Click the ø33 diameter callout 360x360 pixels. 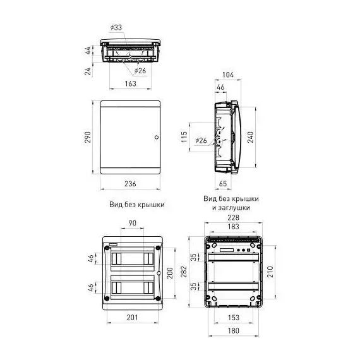(116, 28)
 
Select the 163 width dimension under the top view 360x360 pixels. (130, 83)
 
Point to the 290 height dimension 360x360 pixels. (88, 137)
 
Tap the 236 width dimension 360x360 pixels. (130, 184)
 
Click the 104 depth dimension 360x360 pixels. (228, 75)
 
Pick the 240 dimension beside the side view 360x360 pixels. (250, 137)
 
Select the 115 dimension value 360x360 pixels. (184, 137)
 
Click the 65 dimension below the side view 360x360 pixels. (223, 183)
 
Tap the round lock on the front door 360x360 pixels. (157, 137)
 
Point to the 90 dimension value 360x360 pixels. (133, 223)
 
